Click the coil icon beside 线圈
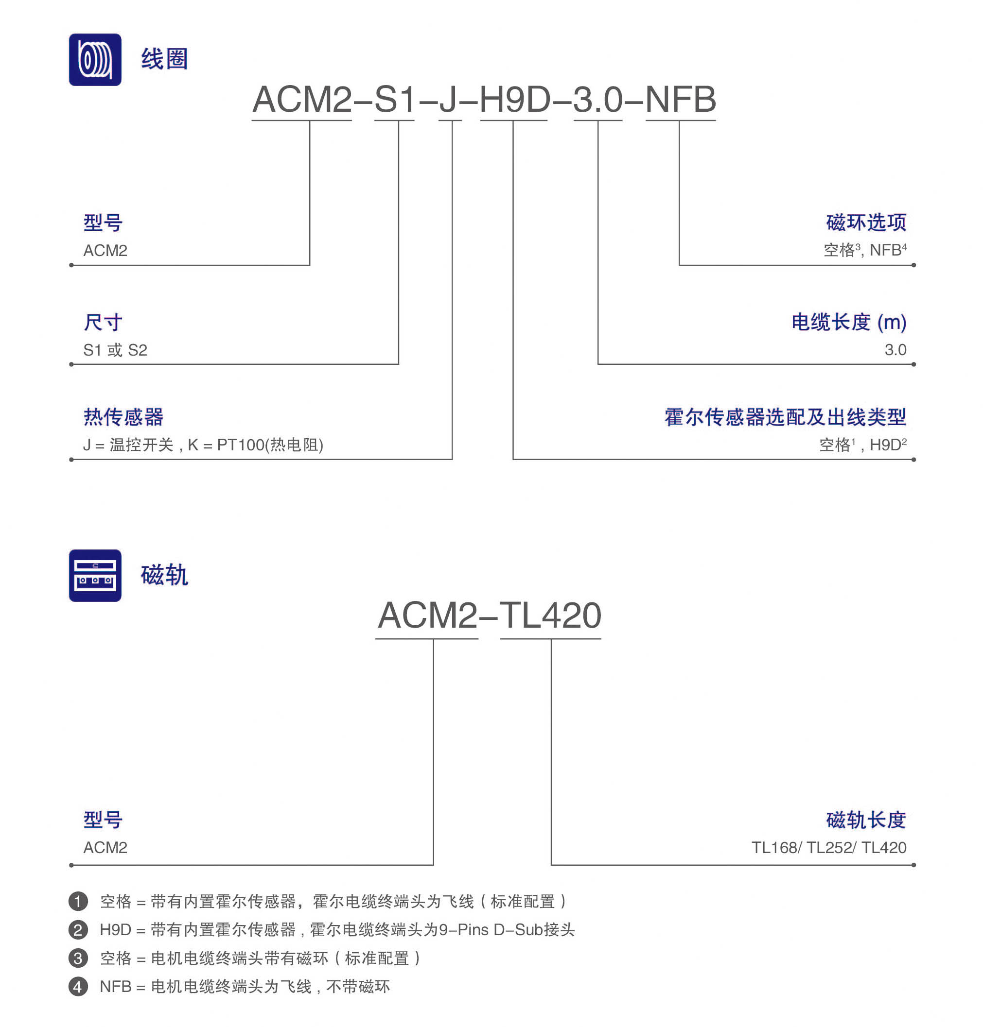coord(95,60)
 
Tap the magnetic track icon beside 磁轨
coord(95,575)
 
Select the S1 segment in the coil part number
coord(395,99)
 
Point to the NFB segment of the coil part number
coord(681,99)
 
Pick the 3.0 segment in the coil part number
coord(598,99)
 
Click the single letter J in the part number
coord(449,99)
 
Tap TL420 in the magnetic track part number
coord(550,615)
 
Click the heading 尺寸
coord(103,322)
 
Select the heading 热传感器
coord(123,417)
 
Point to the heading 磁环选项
coord(866,222)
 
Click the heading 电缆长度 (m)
coord(849,322)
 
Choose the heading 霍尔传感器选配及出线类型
coord(786,417)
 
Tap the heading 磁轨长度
coord(866,820)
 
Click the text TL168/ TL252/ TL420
coord(829,847)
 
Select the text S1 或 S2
coord(115,350)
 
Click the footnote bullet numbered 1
coord(78,901)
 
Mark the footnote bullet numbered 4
coord(78,987)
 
